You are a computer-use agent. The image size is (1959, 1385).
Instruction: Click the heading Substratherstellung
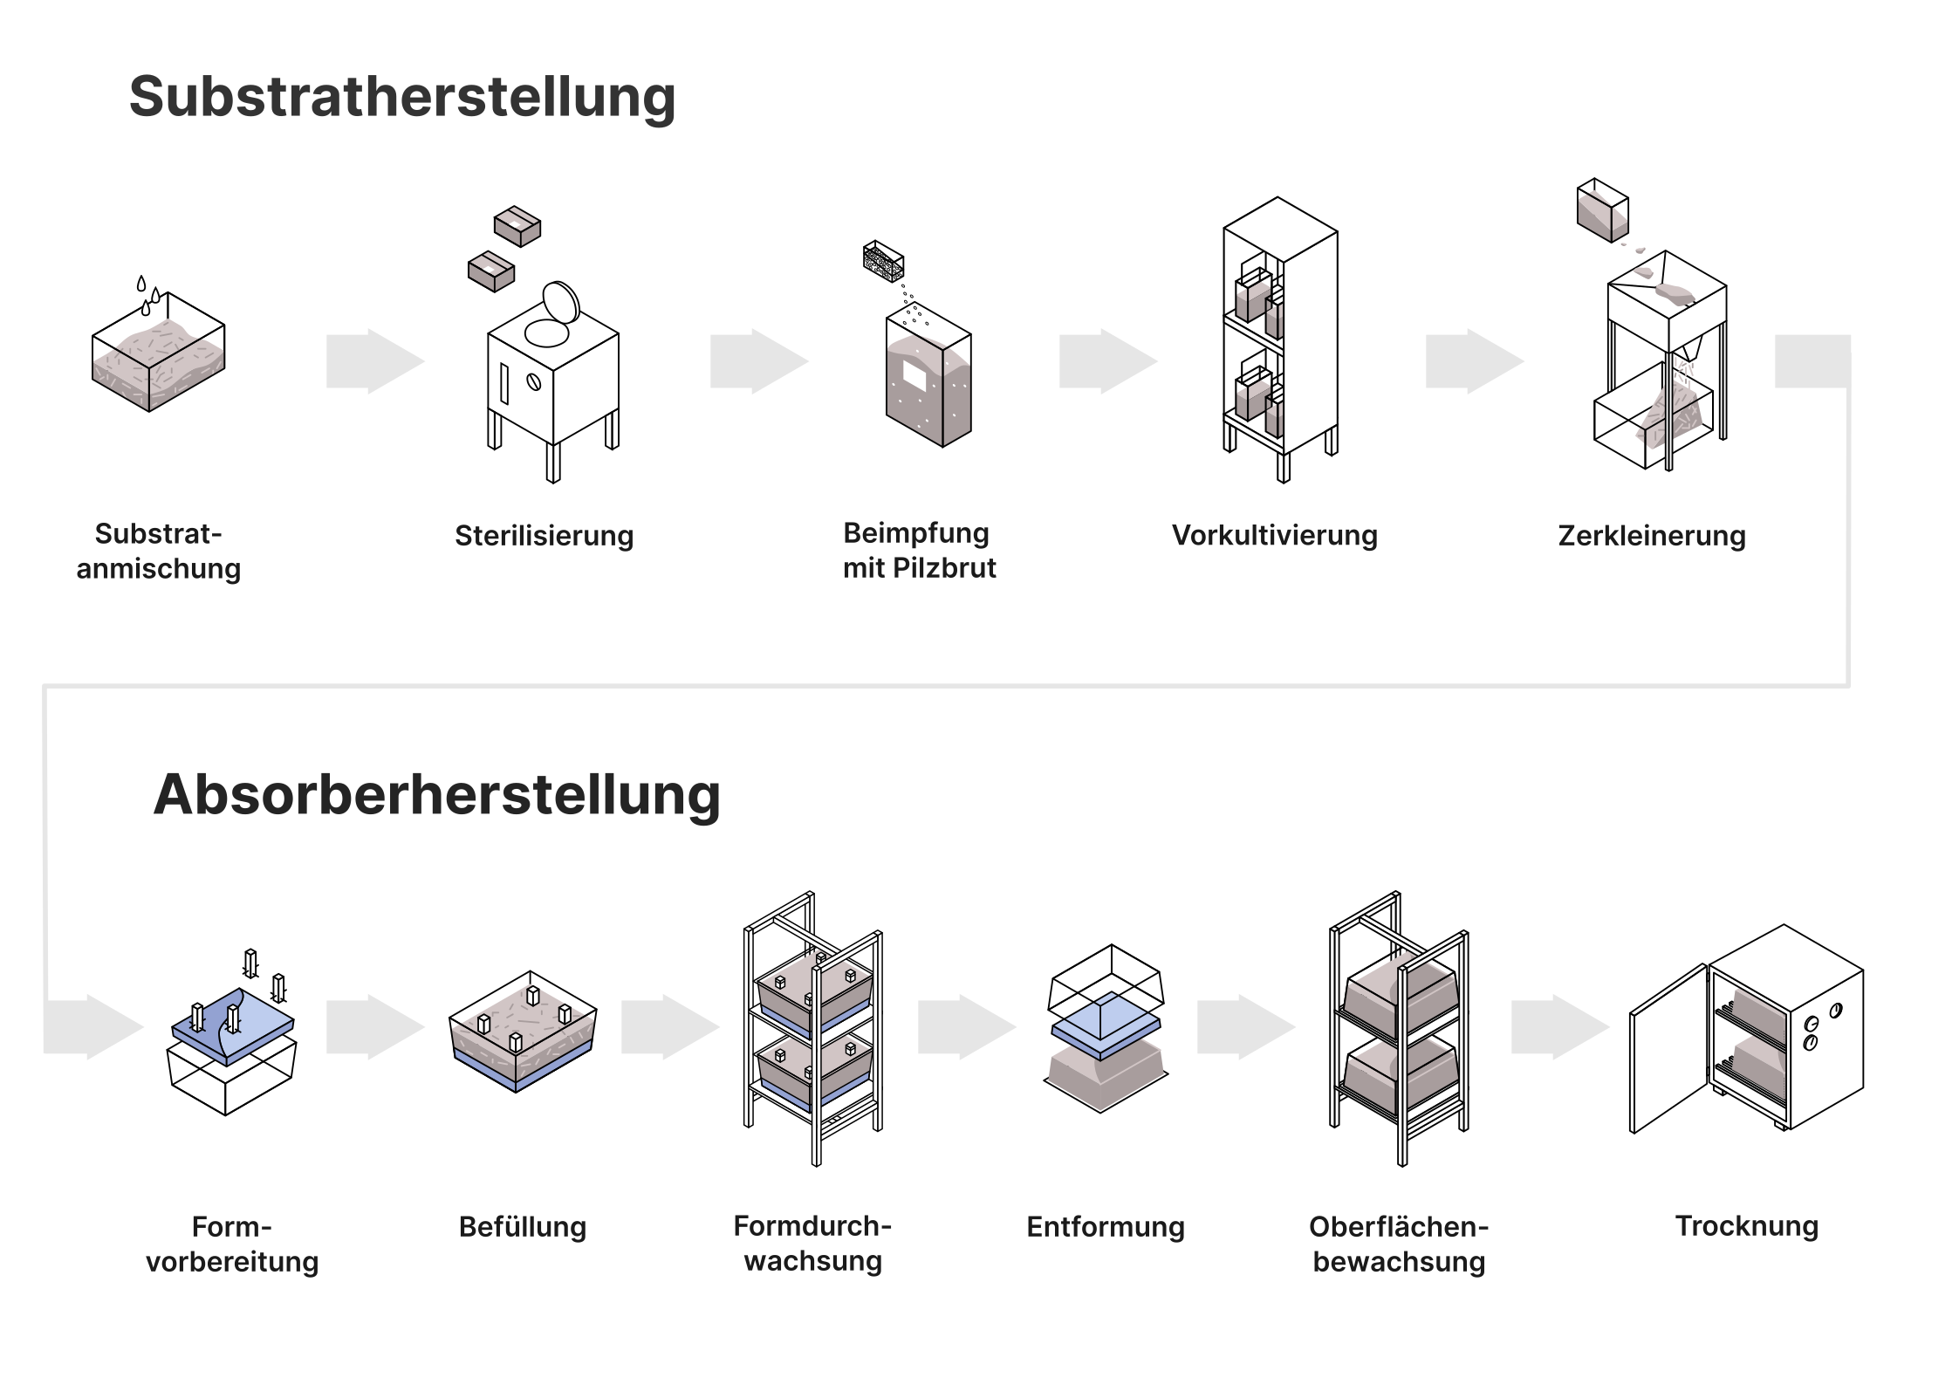pos(402,96)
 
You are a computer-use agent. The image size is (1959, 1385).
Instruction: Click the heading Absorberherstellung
pos(436,794)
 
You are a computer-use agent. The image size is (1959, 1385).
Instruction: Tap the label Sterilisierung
pos(544,535)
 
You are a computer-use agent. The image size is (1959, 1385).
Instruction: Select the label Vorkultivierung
pos(1274,535)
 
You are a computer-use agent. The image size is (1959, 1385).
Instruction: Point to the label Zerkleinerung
pos(1652,535)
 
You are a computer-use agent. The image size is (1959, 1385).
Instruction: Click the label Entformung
pos(1106,1226)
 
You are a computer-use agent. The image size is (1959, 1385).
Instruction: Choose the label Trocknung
pos(1747,1225)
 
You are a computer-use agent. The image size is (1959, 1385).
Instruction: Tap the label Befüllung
pos(523,1226)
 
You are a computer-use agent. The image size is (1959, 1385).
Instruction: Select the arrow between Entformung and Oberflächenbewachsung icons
pos(1244,1027)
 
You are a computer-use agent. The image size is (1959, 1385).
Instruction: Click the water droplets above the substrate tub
pos(148,296)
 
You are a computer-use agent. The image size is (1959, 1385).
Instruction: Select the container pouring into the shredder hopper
pos(1602,210)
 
